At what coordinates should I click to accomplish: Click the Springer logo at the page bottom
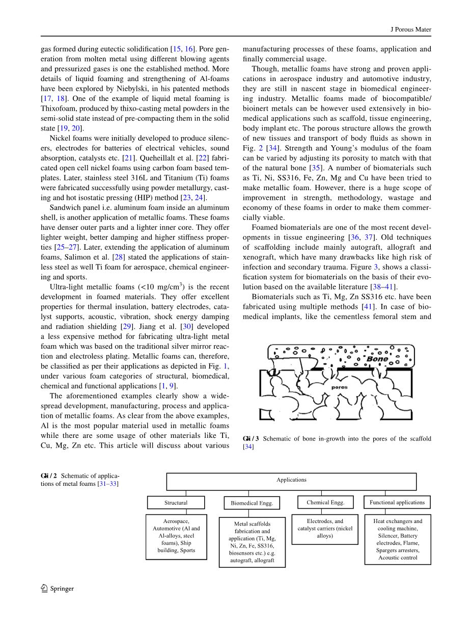click(58, 588)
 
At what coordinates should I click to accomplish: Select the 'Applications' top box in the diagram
click(291, 480)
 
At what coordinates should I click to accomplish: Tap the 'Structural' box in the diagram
click(176, 503)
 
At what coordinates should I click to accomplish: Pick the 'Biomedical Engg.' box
click(252, 503)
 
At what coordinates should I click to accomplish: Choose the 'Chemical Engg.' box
click(325, 503)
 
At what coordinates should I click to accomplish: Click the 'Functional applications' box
click(397, 503)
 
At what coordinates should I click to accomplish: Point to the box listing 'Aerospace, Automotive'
click(176, 536)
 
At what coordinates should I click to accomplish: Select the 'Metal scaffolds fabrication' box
click(252, 542)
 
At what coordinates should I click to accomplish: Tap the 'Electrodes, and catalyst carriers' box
click(325, 529)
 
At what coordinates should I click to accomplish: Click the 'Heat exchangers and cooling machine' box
click(398, 539)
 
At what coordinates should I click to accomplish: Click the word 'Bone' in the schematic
click(377, 359)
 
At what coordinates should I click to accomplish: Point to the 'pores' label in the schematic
click(339, 387)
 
